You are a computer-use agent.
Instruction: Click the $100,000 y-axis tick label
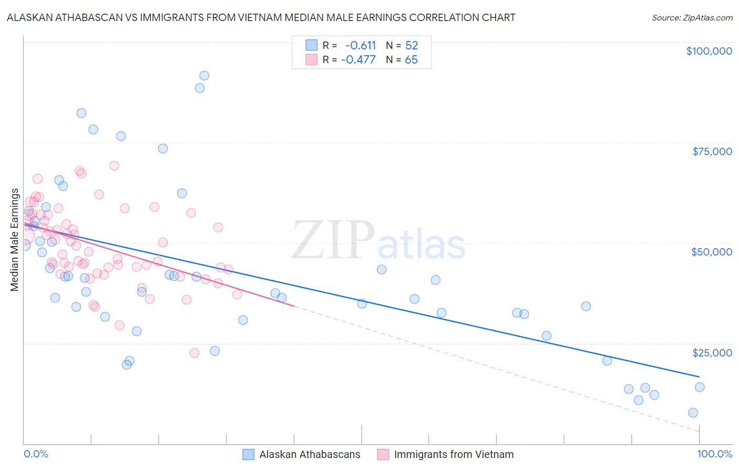pyautogui.click(x=709, y=51)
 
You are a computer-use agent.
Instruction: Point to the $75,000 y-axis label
pyautogui.click(x=712, y=151)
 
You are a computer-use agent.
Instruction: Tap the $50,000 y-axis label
pyautogui.click(x=712, y=252)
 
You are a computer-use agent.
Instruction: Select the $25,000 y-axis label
pyautogui.click(x=712, y=353)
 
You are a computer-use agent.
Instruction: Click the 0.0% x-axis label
pyautogui.click(x=36, y=454)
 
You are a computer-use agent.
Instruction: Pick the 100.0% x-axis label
pyautogui.click(x=714, y=454)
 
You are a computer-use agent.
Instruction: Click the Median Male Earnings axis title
pyautogui.click(x=15, y=240)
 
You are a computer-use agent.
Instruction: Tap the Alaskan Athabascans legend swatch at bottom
pyautogui.click(x=249, y=454)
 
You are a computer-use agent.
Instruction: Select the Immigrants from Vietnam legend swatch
pyautogui.click(x=383, y=454)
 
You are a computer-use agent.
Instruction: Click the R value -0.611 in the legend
pyautogui.click(x=361, y=45)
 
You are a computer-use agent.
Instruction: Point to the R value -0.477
pyautogui.click(x=358, y=59)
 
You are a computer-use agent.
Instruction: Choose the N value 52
pyautogui.click(x=411, y=45)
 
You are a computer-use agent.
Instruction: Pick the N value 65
pyautogui.click(x=411, y=59)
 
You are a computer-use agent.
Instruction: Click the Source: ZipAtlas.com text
pyautogui.click(x=692, y=17)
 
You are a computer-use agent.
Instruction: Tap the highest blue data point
pyautogui.click(x=204, y=76)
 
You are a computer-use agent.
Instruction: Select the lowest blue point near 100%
pyautogui.click(x=693, y=413)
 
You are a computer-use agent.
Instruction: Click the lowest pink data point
pyautogui.click(x=194, y=353)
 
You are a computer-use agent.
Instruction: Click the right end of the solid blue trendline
pyautogui.click(x=699, y=376)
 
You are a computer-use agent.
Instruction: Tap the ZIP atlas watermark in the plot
pyautogui.click(x=378, y=241)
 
